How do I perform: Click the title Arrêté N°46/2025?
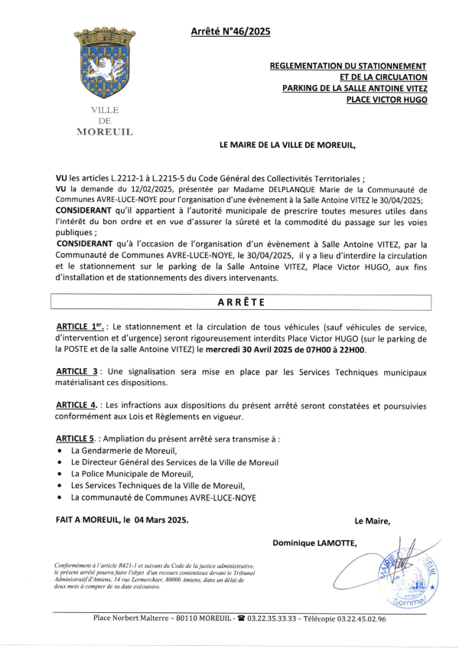[x=230, y=32]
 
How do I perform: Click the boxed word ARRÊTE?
[x=242, y=302]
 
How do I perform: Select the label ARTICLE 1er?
[x=83, y=327]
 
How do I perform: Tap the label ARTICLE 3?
[x=80, y=371]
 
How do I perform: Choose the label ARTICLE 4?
[x=80, y=405]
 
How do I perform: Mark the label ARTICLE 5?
[x=80, y=439]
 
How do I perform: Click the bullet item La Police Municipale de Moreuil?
[x=127, y=474]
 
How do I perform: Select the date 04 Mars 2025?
[x=161, y=520]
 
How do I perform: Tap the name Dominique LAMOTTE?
[x=314, y=543]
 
